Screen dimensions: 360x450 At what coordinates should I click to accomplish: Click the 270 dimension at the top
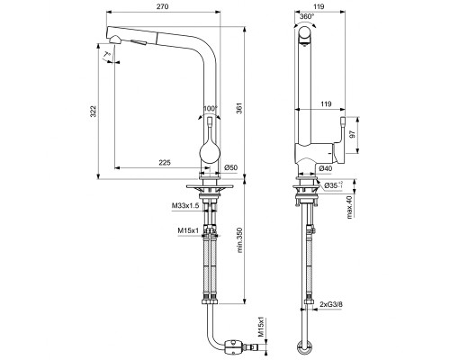163,6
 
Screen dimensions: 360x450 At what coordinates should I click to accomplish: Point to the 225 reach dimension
165,162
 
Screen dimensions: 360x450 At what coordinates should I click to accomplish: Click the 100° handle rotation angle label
211,109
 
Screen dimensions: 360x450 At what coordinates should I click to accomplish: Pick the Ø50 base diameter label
230,167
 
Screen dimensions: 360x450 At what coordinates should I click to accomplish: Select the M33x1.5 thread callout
185,207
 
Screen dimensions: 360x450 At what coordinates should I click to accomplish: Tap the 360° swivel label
306,15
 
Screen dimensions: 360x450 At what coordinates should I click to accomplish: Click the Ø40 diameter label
326,168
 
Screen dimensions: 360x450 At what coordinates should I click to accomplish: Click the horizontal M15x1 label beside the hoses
189,231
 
